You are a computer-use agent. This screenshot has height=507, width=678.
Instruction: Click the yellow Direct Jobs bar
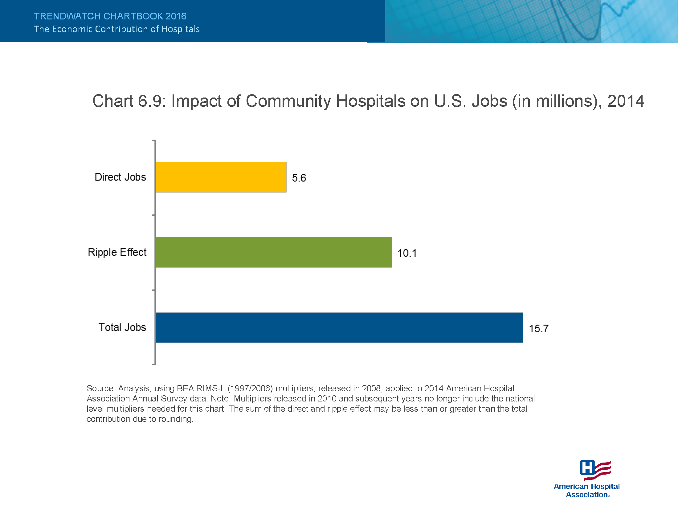[221, 177]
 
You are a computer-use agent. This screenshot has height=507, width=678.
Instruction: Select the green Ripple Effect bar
[274, 252]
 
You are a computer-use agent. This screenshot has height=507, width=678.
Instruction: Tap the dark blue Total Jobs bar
[339, 328]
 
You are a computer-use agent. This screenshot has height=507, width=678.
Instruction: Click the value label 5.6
[299, 178]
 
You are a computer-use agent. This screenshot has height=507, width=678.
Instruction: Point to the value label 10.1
[407, 253]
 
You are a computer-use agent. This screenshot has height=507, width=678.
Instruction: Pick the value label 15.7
[539, 329]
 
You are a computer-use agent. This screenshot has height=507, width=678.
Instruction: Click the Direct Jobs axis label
[120, 177]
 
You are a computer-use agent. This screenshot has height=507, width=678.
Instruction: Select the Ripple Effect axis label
[117, 252]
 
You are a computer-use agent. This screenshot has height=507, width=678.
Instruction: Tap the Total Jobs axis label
[122, 327]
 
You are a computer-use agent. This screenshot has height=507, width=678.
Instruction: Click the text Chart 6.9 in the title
[129, 101]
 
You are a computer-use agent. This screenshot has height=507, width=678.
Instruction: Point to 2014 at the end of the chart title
[626, 101]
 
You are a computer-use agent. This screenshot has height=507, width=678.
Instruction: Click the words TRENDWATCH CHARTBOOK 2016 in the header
[110, 16]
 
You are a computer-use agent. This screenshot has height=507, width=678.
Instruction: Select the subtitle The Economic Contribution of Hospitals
[117, 29]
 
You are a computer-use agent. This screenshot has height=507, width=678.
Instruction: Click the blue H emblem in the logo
[587, 468]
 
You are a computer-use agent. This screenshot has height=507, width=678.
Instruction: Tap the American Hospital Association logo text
[587, 490]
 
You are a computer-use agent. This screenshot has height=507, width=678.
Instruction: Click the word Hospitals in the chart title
[370, 101]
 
